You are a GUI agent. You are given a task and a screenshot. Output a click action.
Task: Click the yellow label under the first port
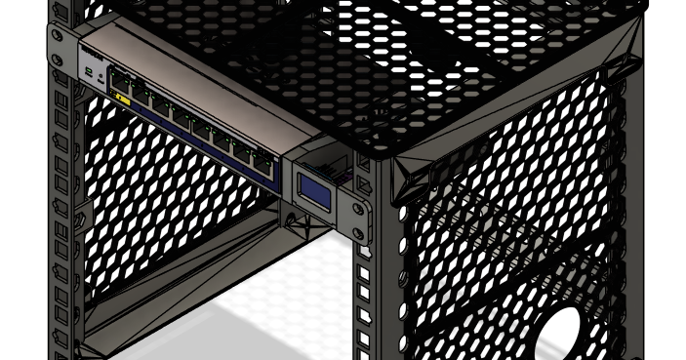tap(122, 97)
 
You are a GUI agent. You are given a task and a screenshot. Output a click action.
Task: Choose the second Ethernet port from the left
tap(140, 91)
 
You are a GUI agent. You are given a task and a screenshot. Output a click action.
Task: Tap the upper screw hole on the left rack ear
tap(58, 36)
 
